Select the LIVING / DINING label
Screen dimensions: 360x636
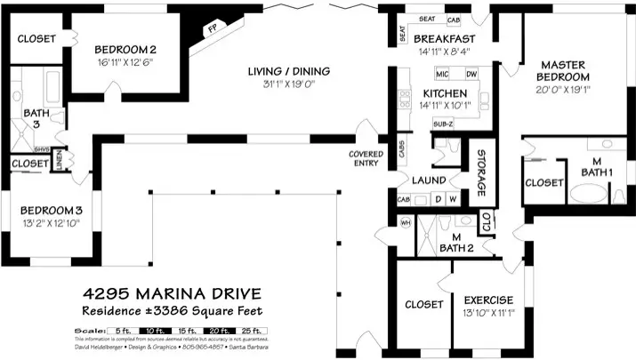coord(287,71)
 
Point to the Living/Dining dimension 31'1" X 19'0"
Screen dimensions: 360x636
coord(287,84)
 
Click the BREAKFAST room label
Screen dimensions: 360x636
coord(444,39)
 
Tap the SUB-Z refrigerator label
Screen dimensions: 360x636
coord(442,123)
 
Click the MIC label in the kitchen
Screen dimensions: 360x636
coord(441,74)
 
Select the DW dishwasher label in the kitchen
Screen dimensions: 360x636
coord(471,74)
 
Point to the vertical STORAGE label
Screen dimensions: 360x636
coord(480,174)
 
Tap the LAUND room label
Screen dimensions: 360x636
coord(428,180)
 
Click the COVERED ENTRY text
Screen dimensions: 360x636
coord(366,158)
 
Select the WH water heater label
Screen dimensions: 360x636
coord(406,222)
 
